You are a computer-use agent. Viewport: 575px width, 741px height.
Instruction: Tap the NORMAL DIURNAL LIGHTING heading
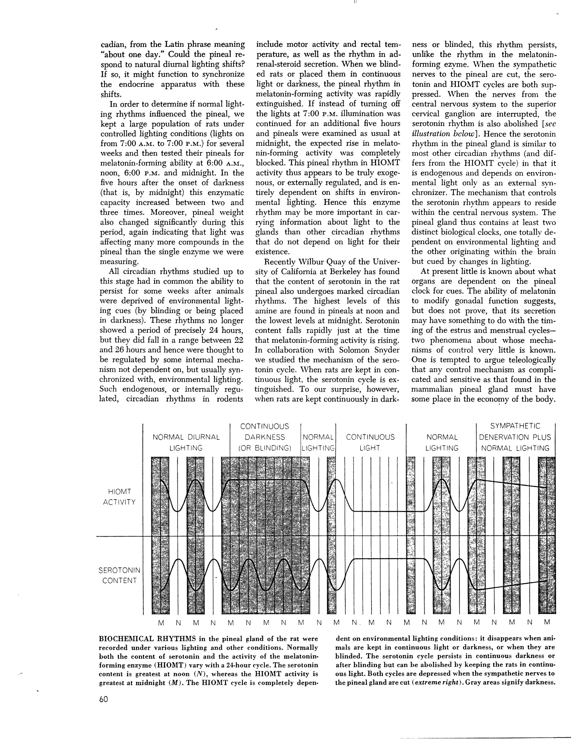point(186,442)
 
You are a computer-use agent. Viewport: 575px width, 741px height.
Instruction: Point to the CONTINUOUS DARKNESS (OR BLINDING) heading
point(265,437)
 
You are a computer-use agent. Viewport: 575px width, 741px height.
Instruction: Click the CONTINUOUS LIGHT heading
point(370,442)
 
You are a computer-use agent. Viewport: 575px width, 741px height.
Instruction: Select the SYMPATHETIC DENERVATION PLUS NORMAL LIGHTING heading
point(515,437)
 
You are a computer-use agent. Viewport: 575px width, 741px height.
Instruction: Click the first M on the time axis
point(161,623)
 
